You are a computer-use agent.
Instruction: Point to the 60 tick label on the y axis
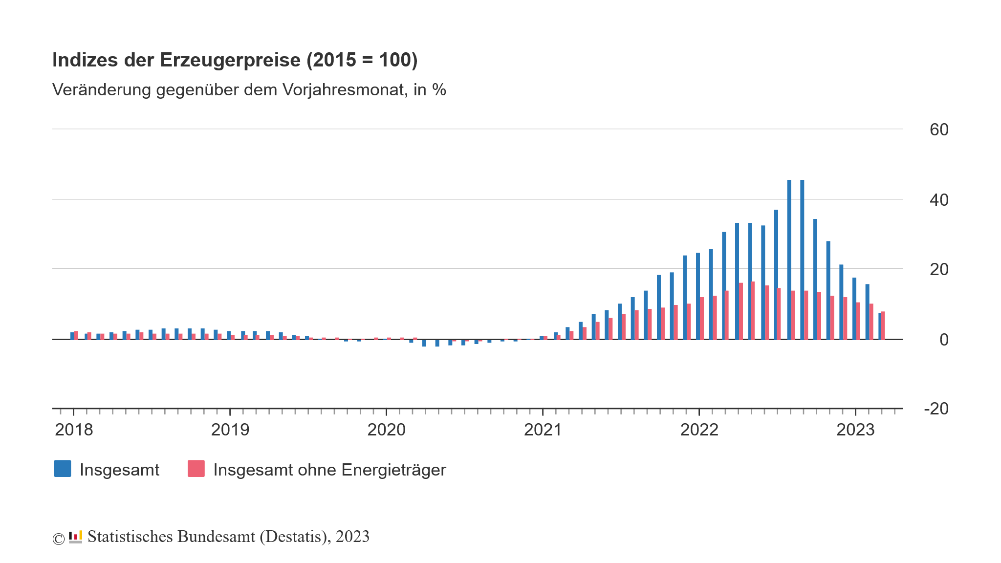938,130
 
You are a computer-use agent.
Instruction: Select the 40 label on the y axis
938,200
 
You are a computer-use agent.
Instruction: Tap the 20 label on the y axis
938,269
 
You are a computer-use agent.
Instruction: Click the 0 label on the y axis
944,340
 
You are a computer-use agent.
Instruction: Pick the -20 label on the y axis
936,409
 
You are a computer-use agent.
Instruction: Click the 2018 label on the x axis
74,430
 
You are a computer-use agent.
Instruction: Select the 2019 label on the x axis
230,430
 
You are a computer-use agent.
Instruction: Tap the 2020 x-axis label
386,430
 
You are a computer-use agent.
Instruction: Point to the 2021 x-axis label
543,430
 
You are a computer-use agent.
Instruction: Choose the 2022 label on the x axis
699,430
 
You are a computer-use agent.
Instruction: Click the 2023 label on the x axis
855,430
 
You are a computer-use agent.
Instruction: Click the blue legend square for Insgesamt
63,469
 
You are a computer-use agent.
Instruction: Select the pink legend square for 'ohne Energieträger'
196,469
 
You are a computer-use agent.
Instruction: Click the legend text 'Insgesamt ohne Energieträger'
329,470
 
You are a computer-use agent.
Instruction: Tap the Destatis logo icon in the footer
75,537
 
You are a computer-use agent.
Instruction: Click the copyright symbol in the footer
58,539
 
